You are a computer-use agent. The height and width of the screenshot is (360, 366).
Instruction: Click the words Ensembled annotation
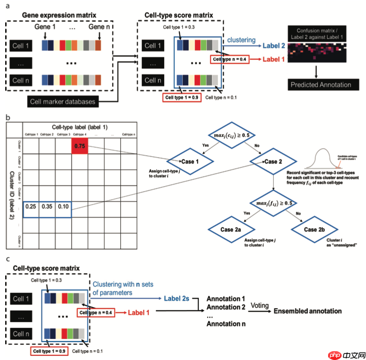307,311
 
